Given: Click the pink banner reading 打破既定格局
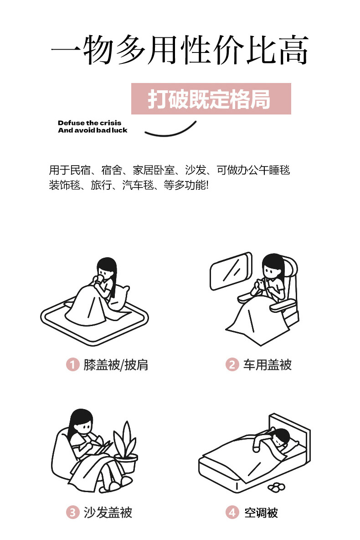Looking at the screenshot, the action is pyautogui.click(x=211, y=99).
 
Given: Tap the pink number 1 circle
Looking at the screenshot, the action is pyautogui.click(x=72, y=364).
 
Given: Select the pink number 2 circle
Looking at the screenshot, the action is pyautogui.click(x=232, y=364).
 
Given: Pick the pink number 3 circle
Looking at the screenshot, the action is pyautogui.click(x=72, y=513).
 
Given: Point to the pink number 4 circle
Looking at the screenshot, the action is pyautogui.click(x=232, y=513).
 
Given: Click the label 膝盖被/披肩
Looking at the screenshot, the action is pyautogui.click(x=116, y=365).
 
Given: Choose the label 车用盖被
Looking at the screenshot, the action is pyautogui.click(x=267, y=365).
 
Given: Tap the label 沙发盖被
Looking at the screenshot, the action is pyautogui.click(x=108, y=513).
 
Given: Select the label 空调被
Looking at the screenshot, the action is pyautogui.click(x=261, y=513).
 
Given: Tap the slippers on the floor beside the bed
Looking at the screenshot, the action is pyautogui.click(x=276, y=487).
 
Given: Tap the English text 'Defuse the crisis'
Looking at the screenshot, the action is pyautogui.click(x=89, y=123).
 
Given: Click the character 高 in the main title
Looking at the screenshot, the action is pyautogui.click(x=293, y=50).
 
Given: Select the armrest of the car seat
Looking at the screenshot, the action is pyautogui.click(x=283, y=305).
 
